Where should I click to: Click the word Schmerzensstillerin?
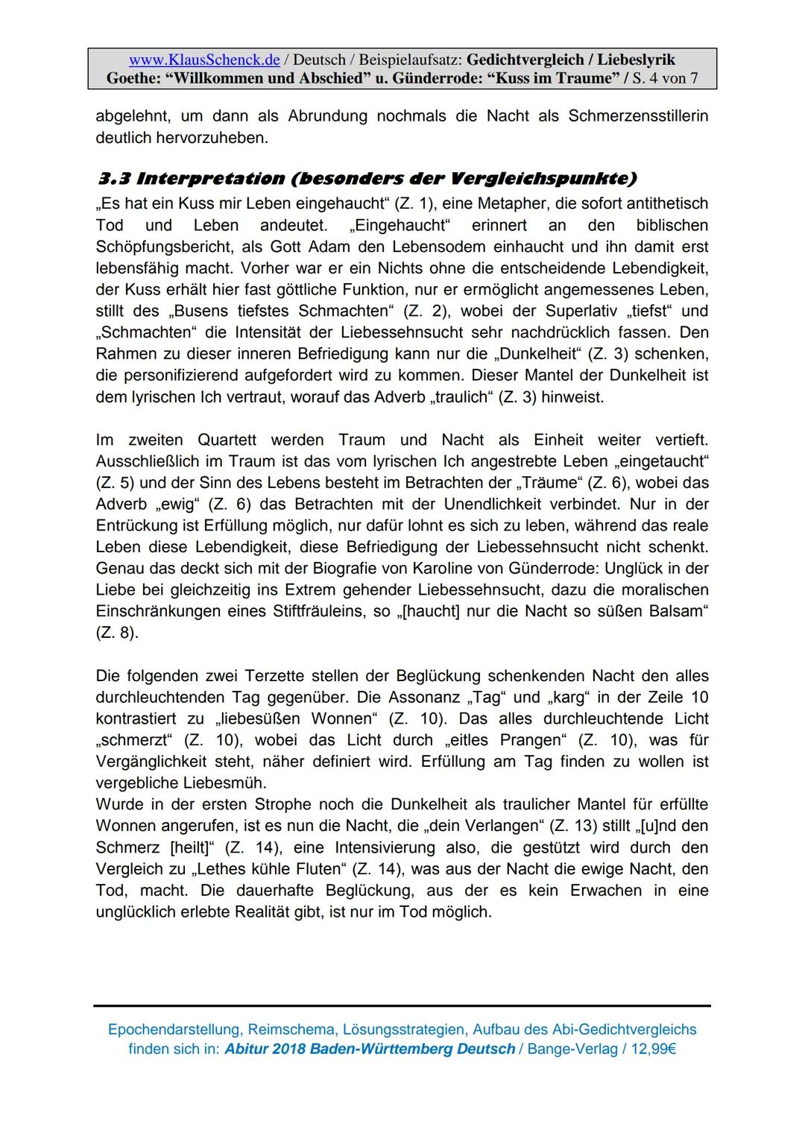point(638,116)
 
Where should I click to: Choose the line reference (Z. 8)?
point(116,633)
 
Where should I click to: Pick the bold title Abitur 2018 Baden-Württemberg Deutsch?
point(370,1049)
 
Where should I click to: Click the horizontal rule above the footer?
point(402,1006)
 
